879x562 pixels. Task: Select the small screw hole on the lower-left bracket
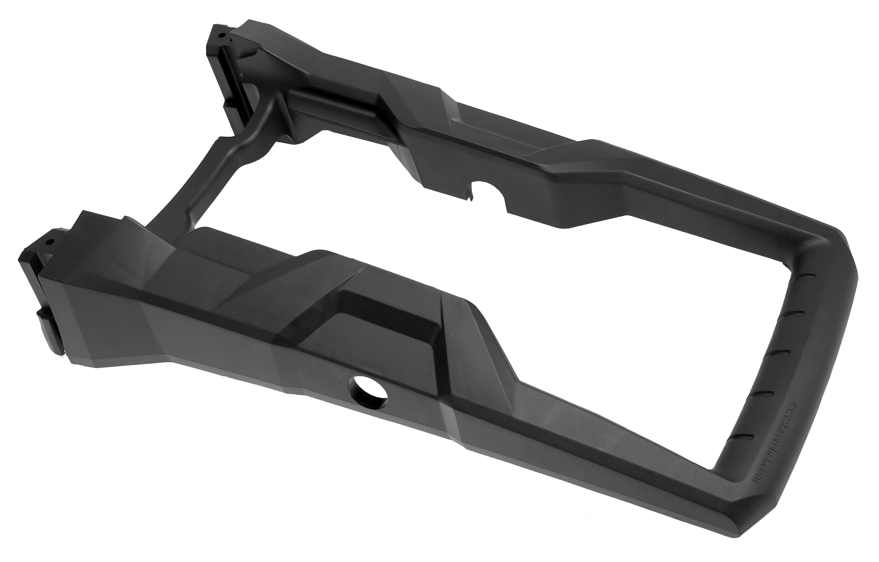click(x=50, y=241)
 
